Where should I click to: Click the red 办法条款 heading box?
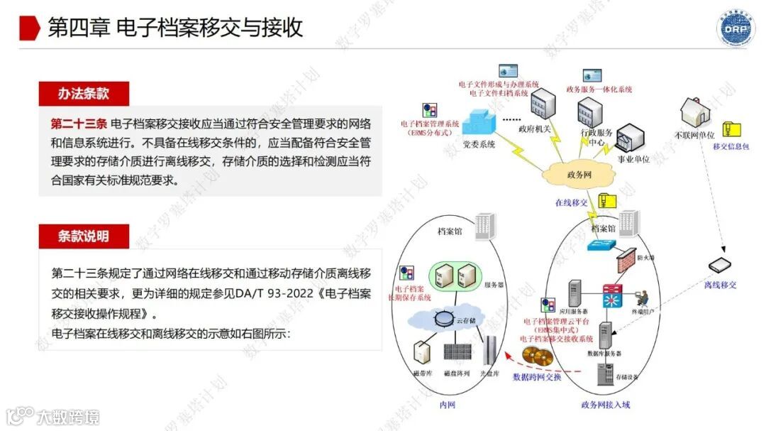84,94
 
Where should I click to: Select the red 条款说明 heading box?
84,236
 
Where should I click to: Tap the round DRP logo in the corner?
737,28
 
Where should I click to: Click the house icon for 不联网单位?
696,112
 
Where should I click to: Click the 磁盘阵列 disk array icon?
456,352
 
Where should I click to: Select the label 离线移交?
720,285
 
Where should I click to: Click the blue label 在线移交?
571,202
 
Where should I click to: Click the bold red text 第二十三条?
79,124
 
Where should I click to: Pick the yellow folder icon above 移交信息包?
731,130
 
